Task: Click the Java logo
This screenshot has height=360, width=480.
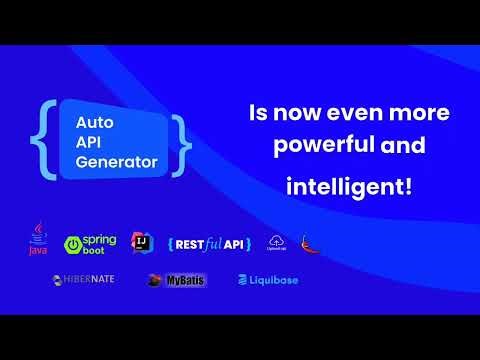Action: click(x=38, y=242)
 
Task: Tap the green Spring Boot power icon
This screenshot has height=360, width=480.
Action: click(x=73, y=244)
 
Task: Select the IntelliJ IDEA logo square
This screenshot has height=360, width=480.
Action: click(x=142, y=242)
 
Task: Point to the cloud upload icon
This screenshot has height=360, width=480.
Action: click(x=277, y=242)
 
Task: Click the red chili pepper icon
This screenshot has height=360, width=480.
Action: click(x=311, y=243)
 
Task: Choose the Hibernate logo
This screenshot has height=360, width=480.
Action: click(x=85, y=280)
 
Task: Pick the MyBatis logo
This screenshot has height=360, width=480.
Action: click(x=176, y=280)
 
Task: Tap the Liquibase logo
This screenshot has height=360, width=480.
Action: click(x=267, y=280)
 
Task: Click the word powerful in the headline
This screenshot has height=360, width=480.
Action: click(x=314, y=146)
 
